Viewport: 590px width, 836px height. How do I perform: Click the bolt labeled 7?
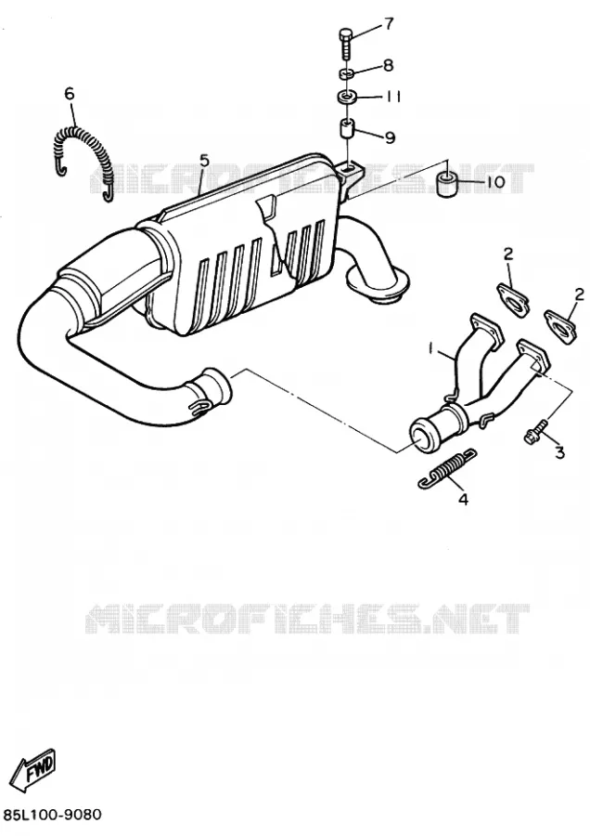coord(343,44)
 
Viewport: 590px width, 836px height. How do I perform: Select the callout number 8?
coord(388,66)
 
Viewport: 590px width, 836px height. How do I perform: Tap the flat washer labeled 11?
coord(346,98)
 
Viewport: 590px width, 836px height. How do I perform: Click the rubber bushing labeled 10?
coord(447,185)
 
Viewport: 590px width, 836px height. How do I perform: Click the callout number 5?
coord(204,160)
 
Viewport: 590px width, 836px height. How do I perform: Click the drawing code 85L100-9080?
coord(52,815)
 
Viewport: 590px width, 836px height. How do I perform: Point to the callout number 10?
coord(494,182)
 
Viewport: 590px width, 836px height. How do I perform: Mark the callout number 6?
coord(70,94)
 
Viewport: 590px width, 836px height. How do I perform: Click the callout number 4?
coord(463,500)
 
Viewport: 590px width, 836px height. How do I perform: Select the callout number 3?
coord(559,452)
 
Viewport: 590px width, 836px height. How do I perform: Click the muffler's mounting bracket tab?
coord(350,176)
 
